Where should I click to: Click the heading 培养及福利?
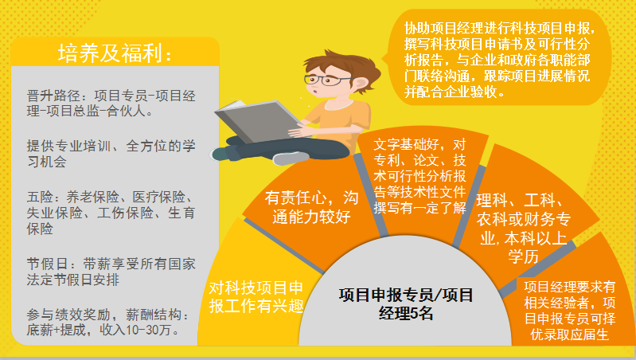[115, 53]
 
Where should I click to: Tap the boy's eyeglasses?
[326, 80]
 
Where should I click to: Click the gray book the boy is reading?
[256, 120]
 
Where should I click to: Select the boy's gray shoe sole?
[291, 158]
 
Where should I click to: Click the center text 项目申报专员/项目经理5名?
[406, 303]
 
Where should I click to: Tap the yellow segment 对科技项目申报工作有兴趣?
[256, 297]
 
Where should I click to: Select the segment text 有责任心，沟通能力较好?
[311, 207]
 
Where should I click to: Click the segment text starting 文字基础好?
[419, 176]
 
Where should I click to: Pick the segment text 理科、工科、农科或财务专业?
[523, 219]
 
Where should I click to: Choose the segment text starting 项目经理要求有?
[569, 311]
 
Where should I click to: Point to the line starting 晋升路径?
[111, 103]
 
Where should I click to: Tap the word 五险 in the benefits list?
[40, 198]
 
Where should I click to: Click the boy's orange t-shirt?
[339, 122]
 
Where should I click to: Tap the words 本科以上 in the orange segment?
[536, 238]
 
